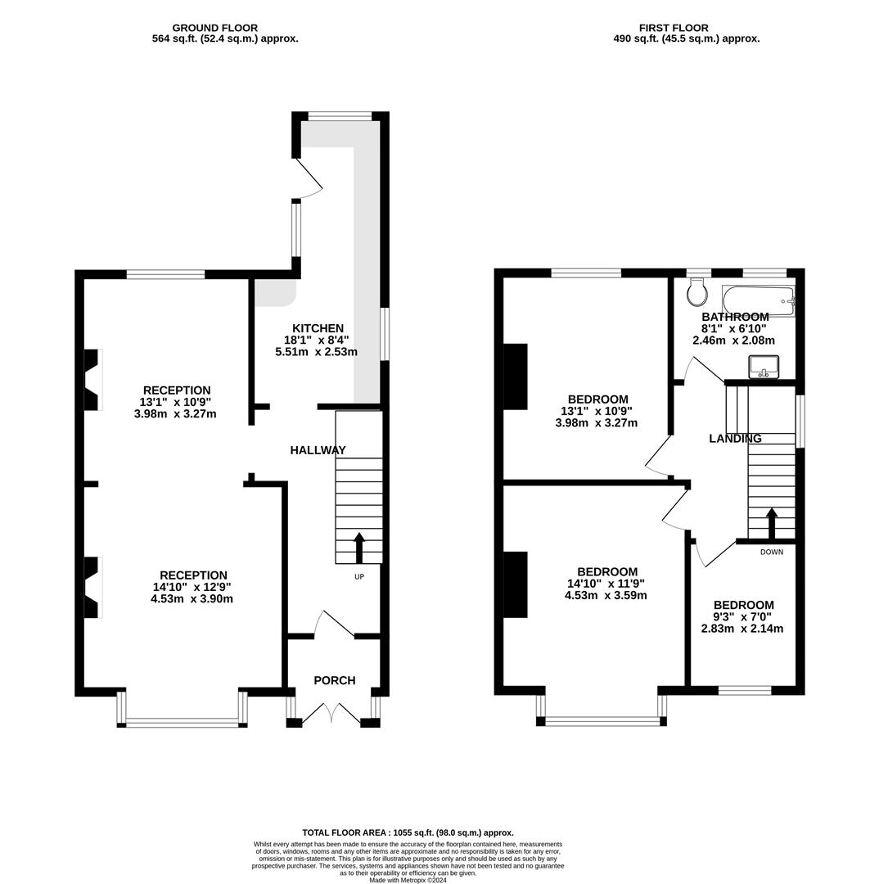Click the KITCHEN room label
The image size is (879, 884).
coord(318,328)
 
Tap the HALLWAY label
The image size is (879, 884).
coord(318,450)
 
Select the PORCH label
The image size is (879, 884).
coord(335,680)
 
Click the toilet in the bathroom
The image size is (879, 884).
coord(698,291)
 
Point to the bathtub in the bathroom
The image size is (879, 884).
coord(759,301)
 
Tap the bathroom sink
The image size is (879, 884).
coord(764,367)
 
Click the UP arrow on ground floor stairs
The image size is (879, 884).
coord(359,548)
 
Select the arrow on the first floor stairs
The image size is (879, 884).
coord(771,523)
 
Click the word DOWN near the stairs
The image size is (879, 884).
coord(771,552)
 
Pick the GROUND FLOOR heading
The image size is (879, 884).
coord(214,28)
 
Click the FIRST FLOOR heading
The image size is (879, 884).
coord(674,28)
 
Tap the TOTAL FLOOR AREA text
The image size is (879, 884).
coord(408,832)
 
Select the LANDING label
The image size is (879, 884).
coord(735,439)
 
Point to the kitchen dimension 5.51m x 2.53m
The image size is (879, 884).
coord(316,352)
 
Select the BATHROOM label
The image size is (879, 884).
coord(735,317)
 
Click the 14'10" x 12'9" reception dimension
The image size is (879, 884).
coord(192,587)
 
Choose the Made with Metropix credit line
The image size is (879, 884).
coord(408,879)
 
